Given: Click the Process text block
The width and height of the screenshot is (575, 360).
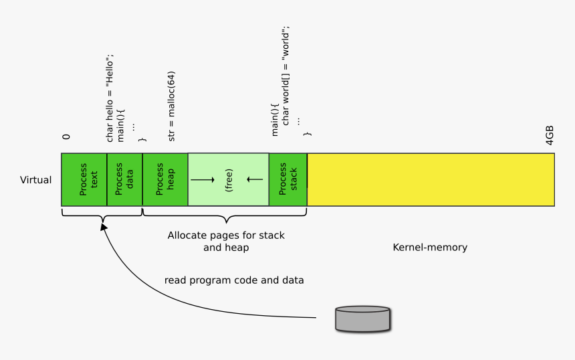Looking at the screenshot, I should (x=84, y=179).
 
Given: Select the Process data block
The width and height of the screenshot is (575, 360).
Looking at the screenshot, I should (x=124, y=179).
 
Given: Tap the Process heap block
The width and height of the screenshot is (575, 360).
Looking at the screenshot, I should (x=164, y=179).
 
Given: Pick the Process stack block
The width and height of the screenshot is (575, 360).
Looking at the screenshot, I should (x=287, y=179).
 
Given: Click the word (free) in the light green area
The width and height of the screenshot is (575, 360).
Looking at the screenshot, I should (x=228, y=179).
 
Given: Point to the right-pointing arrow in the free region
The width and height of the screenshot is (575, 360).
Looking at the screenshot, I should (x=203, y=179).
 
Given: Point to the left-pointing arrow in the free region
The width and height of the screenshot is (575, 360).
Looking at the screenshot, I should (x=254, y=179).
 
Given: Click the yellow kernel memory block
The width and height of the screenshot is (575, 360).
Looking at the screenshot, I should (x=431, y=179).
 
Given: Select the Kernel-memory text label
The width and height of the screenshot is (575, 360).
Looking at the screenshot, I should (x=430, y=248).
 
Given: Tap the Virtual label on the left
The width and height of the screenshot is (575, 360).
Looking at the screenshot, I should (x=35, y=180).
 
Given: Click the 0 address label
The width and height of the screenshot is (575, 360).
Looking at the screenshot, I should (x=66, y=137).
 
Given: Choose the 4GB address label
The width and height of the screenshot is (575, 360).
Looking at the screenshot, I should (x=549, y=134).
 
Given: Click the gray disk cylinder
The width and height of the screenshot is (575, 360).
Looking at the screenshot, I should (x=362, y=319).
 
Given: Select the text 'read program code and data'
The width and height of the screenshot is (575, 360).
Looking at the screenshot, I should (x=234, y=280).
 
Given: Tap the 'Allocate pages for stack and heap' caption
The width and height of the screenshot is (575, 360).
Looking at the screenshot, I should (x=226, y=242).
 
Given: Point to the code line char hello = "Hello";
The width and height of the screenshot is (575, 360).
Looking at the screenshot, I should (x=111, y=97).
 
